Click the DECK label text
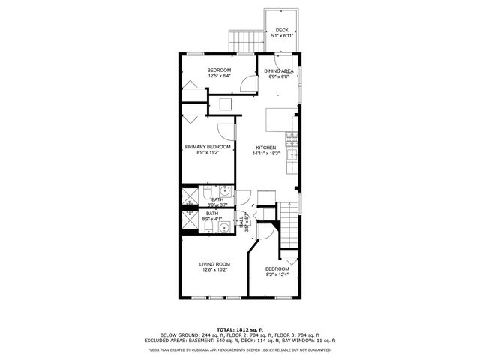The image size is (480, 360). [x=282, y=30]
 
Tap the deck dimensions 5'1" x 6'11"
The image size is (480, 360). [x=282, y=35]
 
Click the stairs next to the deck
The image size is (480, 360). [x=243, y=41]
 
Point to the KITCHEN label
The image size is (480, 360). [x=266, y=147]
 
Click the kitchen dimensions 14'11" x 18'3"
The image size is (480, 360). [x=266, y=153]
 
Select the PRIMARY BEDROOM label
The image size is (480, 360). [x=208, y=146]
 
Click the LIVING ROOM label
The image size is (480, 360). [x=214, y=264]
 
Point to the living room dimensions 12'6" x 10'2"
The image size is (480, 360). [x=214, y=270]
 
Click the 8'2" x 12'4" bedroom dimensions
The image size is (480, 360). [x=277, y=274]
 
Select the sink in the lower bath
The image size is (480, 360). [x=223, y=226]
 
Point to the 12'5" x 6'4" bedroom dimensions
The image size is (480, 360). [x=219, y=75]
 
